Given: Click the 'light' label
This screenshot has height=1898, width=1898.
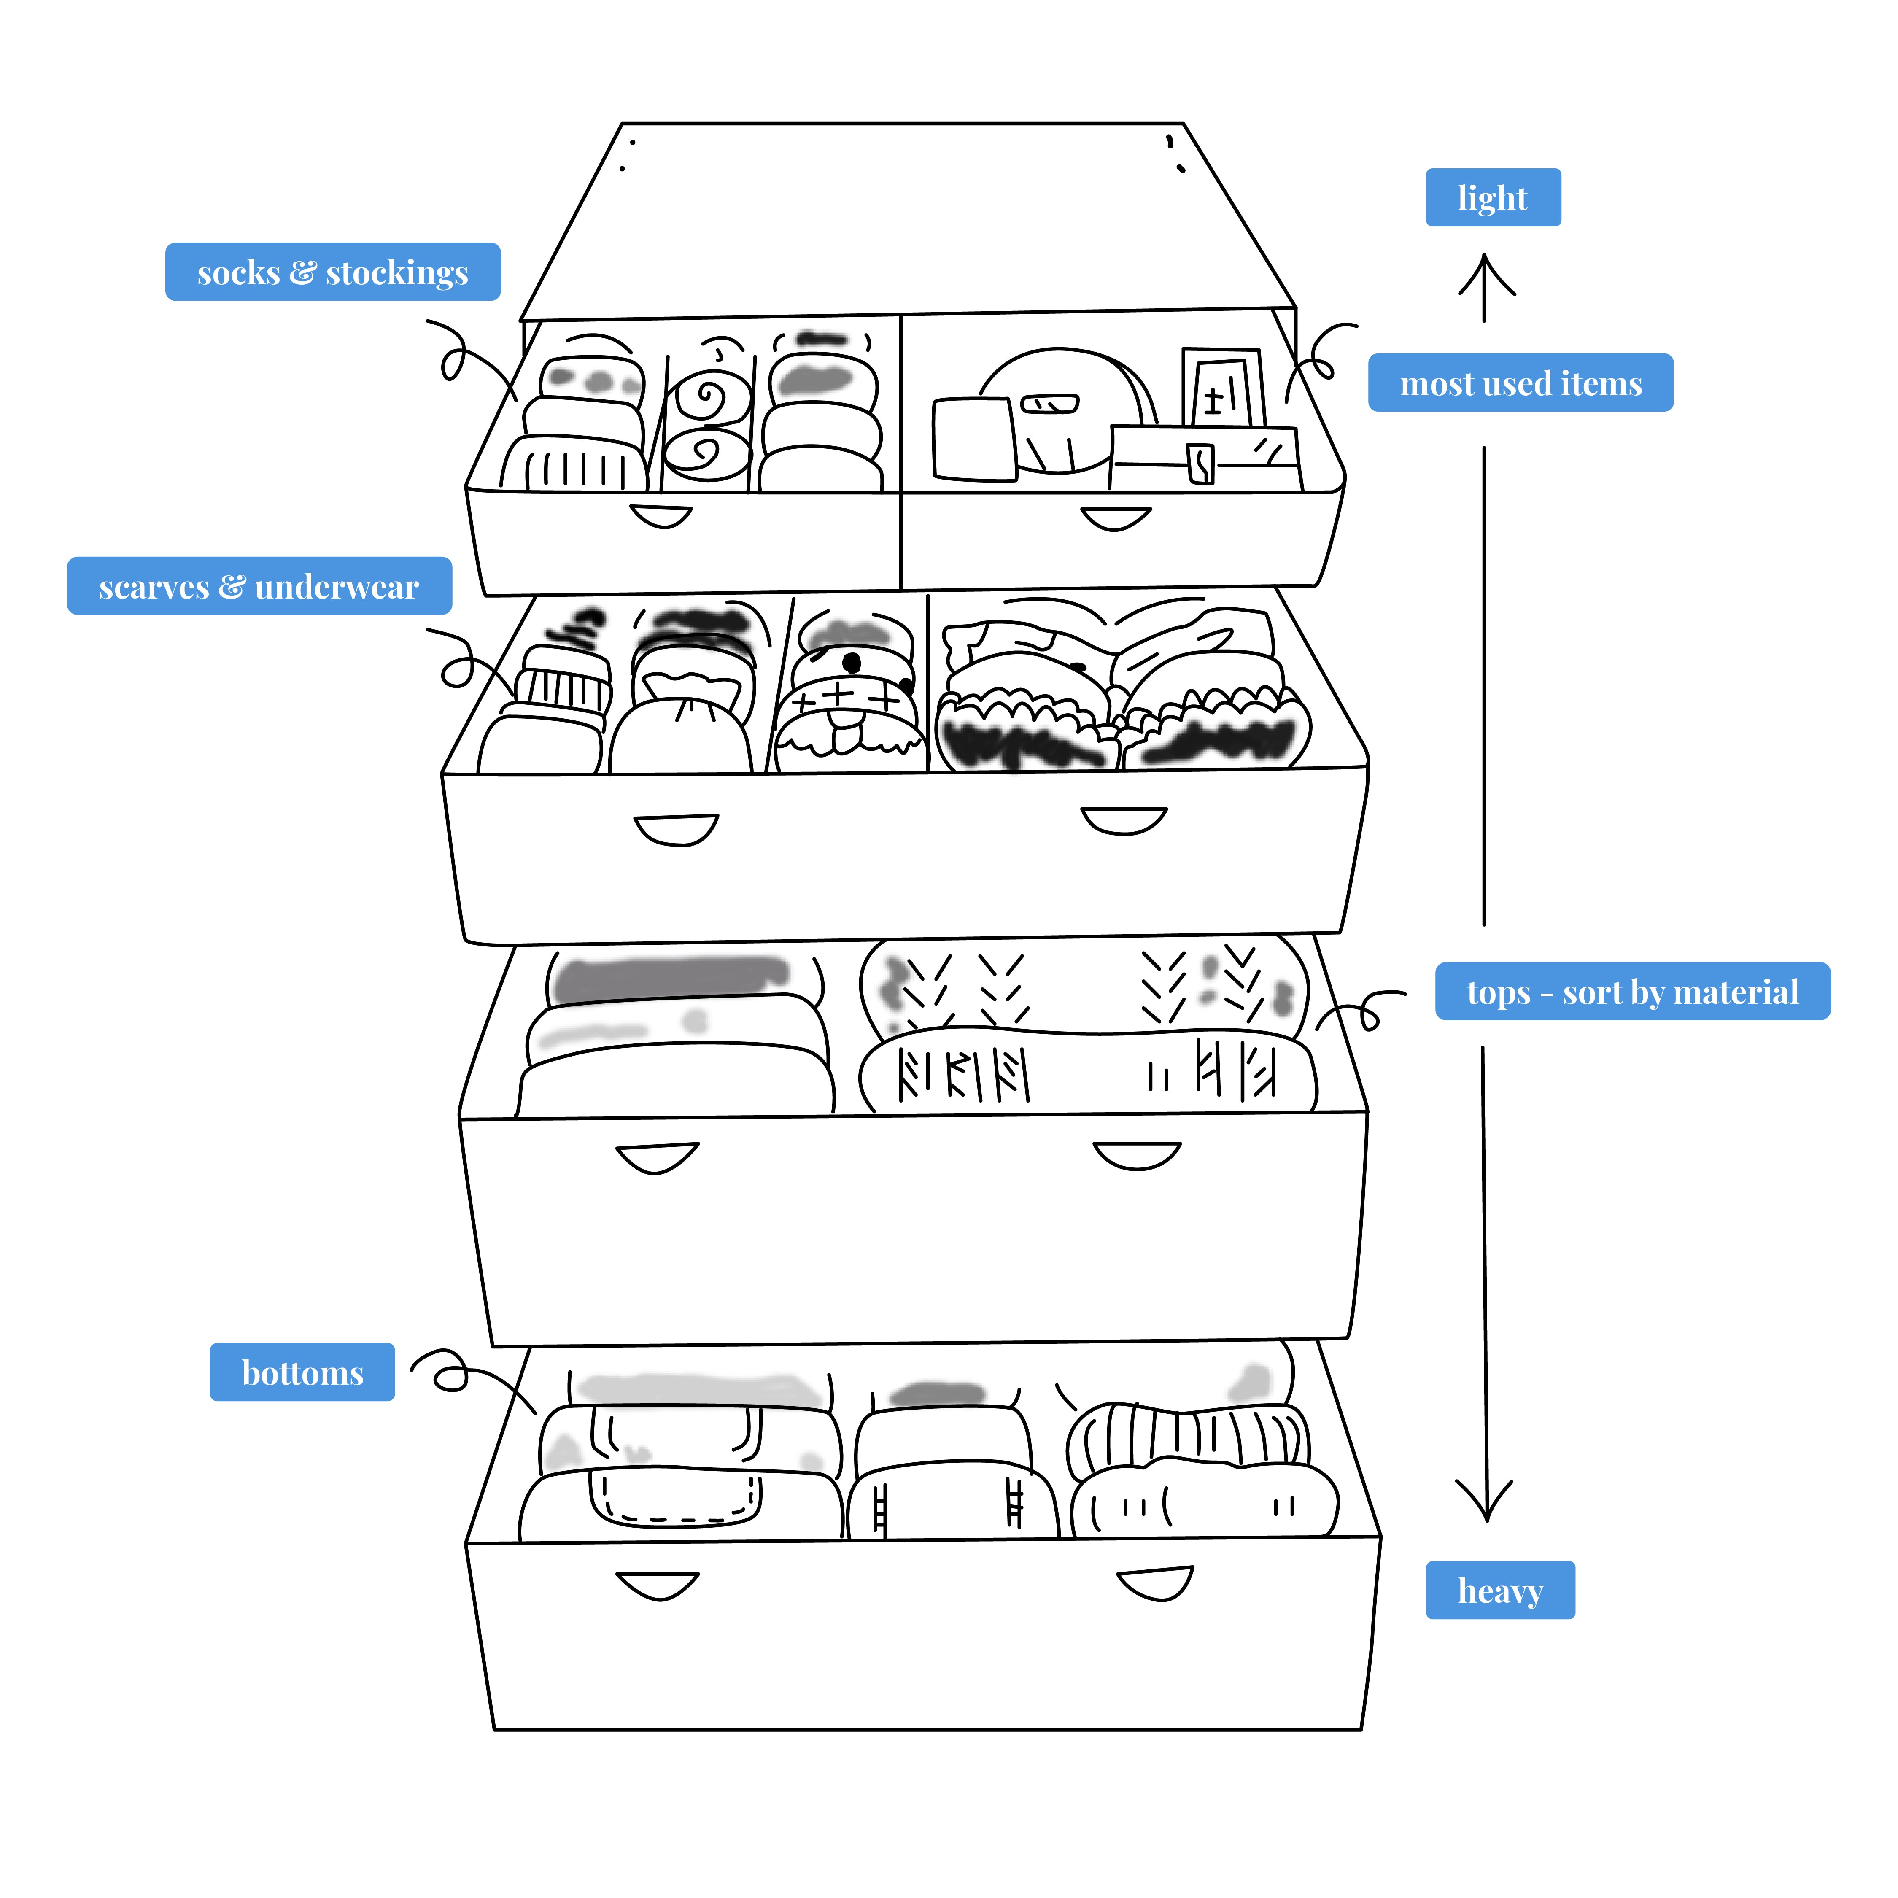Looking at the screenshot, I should pos(1492,197).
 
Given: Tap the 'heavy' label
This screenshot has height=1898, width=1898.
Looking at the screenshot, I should pos(1499,1591).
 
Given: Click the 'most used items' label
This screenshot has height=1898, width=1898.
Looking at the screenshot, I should pos(1520,383).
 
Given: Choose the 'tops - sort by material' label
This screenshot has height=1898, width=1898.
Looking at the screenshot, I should pos(1632,992).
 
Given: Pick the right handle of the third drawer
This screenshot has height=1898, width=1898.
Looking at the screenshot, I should pos(1137,1155).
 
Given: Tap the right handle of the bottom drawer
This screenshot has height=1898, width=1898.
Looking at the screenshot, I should pos(1155,1584).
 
